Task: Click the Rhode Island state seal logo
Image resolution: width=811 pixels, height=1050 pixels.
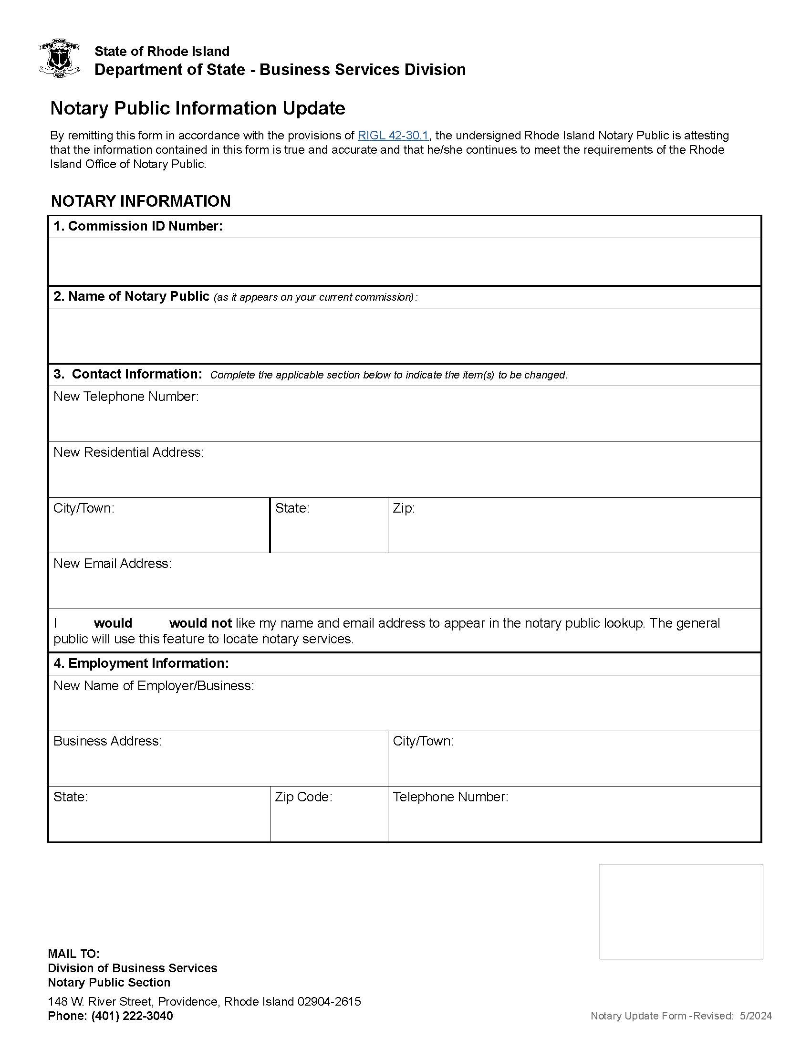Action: pos(59,58)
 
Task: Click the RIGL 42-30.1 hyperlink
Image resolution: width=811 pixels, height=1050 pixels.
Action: pos(393,136)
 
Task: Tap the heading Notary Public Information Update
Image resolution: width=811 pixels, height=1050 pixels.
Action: pos(198,109)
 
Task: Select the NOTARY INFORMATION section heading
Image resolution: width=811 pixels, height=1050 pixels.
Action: pos(141,201)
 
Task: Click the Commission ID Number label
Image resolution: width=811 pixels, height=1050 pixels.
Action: pos(138,226)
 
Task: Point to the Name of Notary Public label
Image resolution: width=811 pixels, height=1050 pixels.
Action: pos(131,297)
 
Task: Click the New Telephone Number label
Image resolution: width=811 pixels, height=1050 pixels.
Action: pos(126,397)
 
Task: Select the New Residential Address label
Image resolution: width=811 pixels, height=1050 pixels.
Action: pos(129,452)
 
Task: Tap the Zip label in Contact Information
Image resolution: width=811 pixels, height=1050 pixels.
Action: pos(403,508)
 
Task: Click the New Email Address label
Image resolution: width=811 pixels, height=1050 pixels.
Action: pos(113,564)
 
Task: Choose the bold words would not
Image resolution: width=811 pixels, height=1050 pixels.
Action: pos(200,624)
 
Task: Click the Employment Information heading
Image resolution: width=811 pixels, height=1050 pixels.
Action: pos(141,663)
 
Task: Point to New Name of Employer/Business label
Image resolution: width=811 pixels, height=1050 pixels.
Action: pos(154,685)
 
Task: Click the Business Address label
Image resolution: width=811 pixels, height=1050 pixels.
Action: pos(108,741)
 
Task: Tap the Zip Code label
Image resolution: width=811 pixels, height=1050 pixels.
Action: pos(303,797)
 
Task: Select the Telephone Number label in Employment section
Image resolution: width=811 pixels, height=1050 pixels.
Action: pos(450,797)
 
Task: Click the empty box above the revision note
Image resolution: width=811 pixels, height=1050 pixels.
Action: pos(681,911)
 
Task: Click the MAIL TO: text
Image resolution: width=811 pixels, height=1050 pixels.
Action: pos(73,954)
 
